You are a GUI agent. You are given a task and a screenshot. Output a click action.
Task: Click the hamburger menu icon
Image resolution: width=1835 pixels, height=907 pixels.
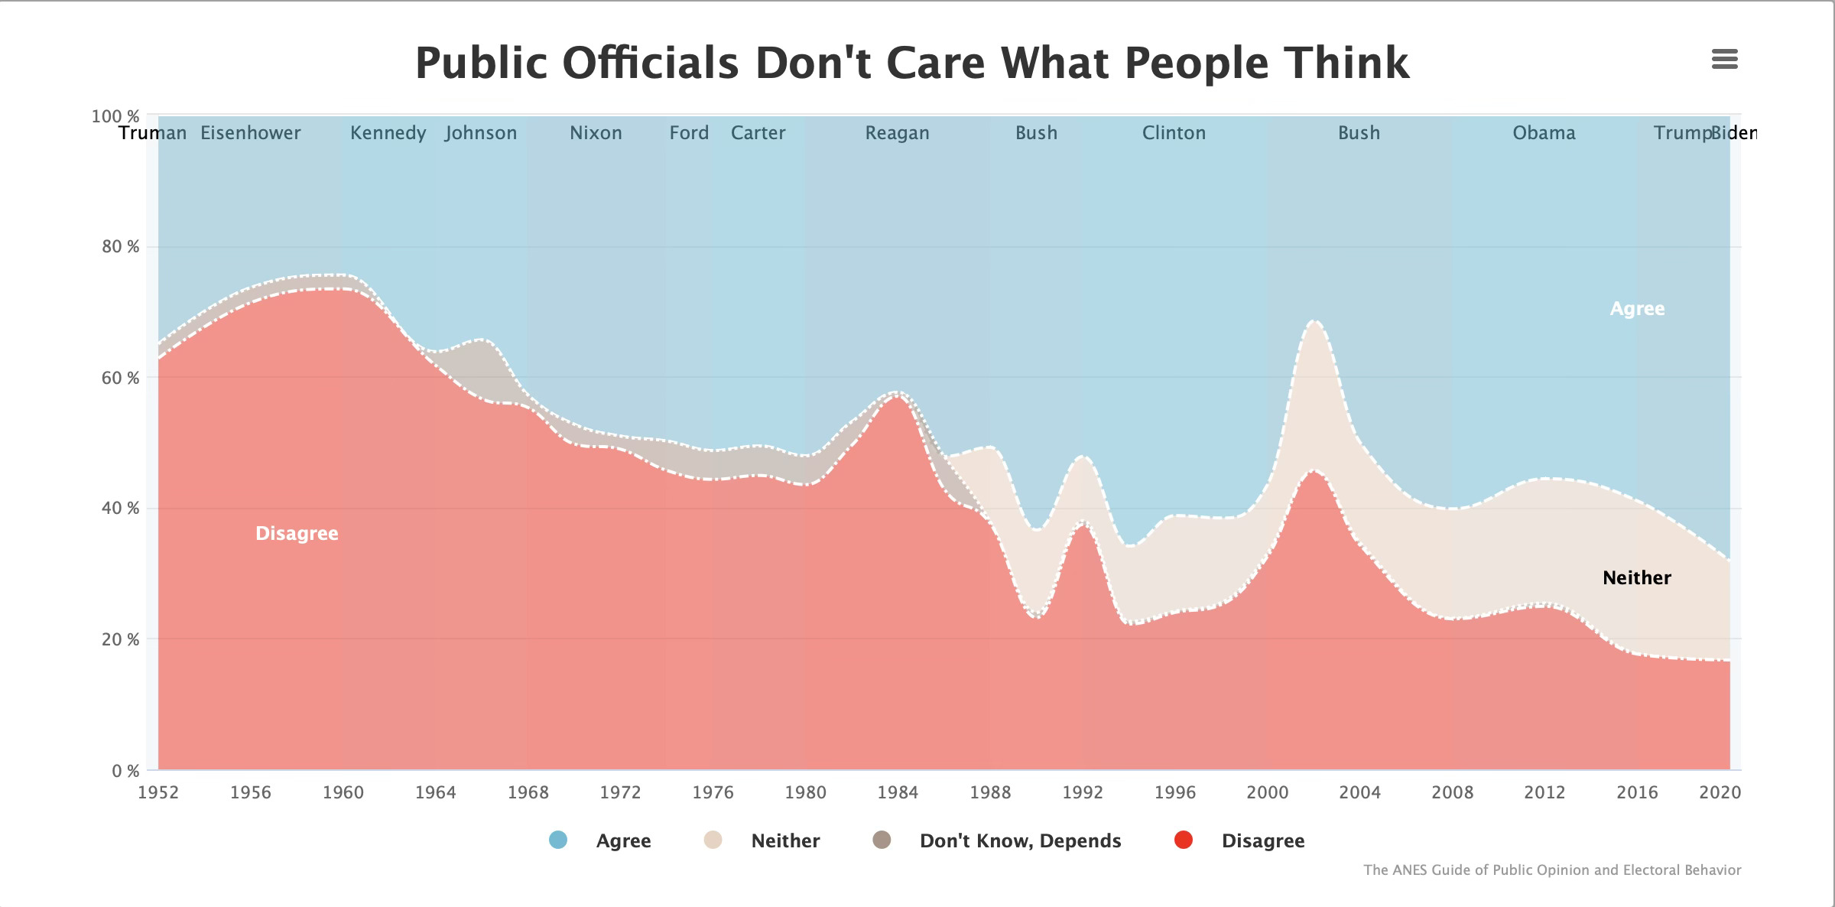tap(1724, 59)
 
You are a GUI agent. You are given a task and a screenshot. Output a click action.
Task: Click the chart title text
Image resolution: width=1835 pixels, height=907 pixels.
tap(912, 63)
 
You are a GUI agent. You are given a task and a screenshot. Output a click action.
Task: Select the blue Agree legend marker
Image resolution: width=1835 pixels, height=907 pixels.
tap(558, 840)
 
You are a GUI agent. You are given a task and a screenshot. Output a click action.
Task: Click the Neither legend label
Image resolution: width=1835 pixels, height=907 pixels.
tap(785, 841)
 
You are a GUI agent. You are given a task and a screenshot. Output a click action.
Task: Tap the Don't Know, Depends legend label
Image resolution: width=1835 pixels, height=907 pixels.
tap(1020, 841)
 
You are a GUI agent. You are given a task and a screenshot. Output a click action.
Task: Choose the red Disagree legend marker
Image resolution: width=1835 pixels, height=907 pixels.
tap(1184, 840)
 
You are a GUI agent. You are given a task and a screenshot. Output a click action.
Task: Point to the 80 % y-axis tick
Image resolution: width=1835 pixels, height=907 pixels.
tap(121, 246)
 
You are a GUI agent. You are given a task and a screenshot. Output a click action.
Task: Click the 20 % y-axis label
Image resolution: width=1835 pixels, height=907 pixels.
tap(121, 639)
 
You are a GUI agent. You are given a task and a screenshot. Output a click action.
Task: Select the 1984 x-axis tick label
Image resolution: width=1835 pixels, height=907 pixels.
tap(898, 792)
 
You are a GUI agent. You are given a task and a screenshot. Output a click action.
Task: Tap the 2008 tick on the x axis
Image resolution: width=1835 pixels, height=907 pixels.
tap(1452, 792)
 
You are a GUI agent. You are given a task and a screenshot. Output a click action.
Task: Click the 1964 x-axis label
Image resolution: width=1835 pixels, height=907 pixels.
tap(435, 792)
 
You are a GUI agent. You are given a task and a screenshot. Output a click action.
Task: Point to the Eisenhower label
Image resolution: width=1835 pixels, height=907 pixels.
tap(251, 133)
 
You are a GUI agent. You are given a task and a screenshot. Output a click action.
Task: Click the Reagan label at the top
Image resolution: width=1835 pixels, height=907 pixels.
tap(897, 134)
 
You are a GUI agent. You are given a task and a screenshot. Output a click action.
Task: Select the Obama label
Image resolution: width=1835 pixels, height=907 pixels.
tap(1544, 133)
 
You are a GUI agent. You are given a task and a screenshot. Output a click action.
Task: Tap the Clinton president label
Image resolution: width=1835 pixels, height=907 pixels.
tap(1174, 133)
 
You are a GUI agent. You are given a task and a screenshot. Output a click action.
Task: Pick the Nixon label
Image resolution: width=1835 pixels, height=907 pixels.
tap(596, 133)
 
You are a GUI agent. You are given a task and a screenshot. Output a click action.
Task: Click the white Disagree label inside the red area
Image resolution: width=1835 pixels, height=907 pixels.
tap(297, 534)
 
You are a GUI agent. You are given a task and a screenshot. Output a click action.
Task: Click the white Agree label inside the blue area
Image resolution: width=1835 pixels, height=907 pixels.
tap(1637, 309)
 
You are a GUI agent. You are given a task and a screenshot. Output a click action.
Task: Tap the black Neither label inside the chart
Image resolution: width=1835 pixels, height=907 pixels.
tap(1637, 577)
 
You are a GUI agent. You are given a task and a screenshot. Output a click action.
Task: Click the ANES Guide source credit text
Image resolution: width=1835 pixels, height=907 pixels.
tap(1552, 870)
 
